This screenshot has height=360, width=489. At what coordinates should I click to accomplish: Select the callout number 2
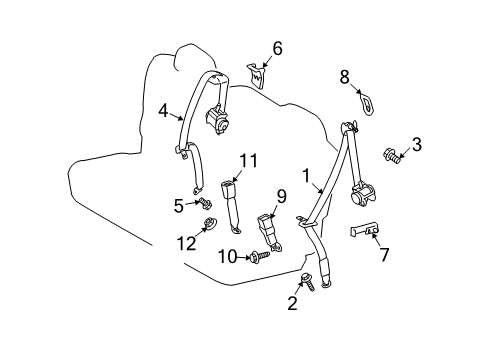(x=292, y=304)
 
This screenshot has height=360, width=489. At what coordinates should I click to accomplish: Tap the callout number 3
(x=416, y=145)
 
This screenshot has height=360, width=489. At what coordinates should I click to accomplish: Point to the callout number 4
(x=163, y=113)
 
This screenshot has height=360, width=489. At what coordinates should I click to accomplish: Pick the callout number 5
(x=179, y=205)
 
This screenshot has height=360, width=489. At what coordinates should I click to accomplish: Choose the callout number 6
(x=277, y=47)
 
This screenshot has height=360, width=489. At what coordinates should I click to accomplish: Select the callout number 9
(x=281, y=196)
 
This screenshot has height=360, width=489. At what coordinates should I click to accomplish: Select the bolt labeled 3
(x=391, y=154)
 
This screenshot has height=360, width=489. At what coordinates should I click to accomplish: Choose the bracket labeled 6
(x=257, y=74)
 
